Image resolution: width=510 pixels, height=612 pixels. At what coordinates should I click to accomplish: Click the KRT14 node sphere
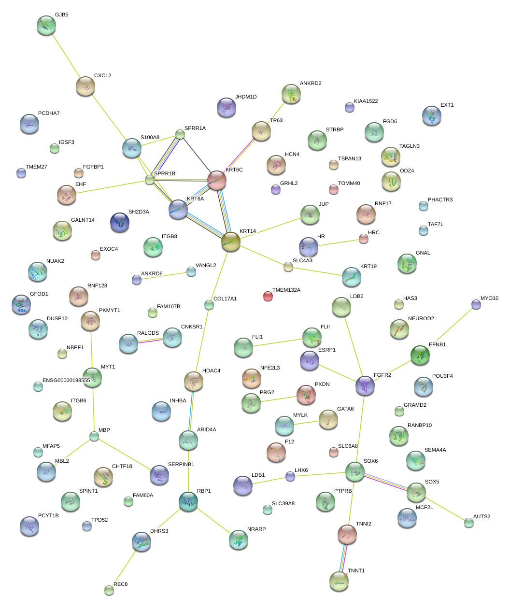coord(231,242)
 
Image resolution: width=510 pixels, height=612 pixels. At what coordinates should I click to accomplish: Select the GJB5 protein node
coord(46,25)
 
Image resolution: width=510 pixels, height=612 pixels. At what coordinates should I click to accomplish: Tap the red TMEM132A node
coord(268,296)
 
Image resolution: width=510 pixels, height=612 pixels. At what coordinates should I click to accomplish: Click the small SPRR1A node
coord(180,134)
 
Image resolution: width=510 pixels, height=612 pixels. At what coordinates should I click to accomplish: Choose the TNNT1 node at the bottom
coord(339,581)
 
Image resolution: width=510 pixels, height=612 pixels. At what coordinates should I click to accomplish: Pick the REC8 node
coord(109,590)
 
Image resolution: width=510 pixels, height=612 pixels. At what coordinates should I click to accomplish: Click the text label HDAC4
coord(211,371)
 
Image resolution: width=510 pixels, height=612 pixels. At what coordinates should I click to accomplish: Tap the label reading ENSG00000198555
coord(66,380)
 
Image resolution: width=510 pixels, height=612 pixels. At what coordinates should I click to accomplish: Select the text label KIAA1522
coord(366,101)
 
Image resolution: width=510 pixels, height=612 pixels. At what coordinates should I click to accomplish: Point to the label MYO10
coord(489,299)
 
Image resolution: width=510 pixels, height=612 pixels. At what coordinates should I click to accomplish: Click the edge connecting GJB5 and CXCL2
coord(66,56)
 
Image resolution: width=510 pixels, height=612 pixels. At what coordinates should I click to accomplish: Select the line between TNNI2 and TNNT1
coord(343,558)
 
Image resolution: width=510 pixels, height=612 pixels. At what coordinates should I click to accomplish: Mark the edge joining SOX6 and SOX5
coord(385,482)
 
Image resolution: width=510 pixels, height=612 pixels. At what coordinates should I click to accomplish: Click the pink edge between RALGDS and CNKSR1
coord(150,341)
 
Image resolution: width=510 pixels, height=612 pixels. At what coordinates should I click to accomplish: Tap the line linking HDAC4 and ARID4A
coord(191,411)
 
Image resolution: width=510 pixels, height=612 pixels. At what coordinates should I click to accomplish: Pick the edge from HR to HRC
coord(338,242)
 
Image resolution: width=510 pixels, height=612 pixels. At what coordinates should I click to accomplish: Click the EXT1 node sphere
coord(431,115)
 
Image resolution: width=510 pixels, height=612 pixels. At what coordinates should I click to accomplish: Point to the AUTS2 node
coord(469,522)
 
